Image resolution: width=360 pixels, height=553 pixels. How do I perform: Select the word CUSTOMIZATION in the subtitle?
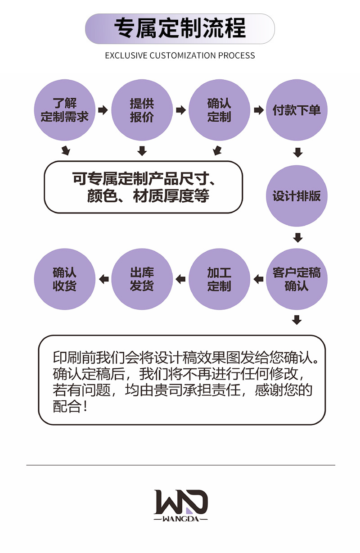(183, 55)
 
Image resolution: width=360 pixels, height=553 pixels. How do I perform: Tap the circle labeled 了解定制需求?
(65, 110)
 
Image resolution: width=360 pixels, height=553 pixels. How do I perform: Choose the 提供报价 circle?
(142, 110)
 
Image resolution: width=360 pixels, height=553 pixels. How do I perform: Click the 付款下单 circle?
(297, 110)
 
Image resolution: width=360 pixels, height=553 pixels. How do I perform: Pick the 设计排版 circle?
(297, 196)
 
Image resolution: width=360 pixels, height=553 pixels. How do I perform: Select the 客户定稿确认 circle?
(297, 279)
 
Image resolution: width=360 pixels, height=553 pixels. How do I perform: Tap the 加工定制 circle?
(219, 279)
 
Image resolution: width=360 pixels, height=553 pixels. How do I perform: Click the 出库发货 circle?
(142, 279)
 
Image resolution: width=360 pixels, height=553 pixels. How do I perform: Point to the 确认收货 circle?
(65, 279)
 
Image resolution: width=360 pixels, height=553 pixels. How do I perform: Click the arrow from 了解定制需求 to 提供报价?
(103, 110)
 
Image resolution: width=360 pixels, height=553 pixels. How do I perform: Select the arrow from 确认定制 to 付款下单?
(259, 110)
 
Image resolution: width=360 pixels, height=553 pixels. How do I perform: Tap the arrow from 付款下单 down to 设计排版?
(298, 152)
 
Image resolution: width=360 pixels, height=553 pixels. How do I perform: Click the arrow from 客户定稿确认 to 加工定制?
(258, 279)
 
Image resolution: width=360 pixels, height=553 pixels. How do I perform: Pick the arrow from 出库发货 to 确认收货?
(103, 279)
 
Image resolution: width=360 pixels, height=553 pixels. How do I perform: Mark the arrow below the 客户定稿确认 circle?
(297, 320)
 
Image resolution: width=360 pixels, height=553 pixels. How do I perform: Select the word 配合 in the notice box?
(67, 406)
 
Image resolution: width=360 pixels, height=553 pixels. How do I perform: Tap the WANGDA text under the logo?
(180, 519)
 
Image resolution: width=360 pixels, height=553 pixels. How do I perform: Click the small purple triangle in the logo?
(189, 511)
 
